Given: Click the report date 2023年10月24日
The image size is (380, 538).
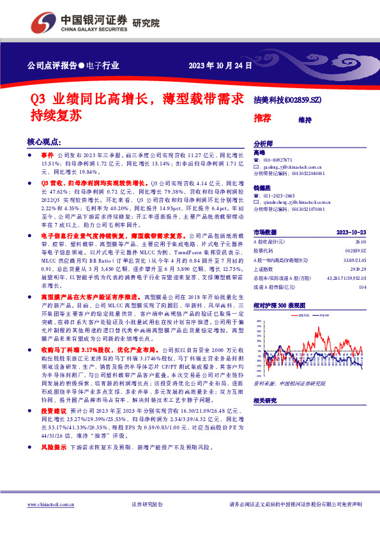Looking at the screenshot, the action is (x=217, y=65).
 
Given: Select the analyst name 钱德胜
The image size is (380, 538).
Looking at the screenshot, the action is (x=262, y=187).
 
